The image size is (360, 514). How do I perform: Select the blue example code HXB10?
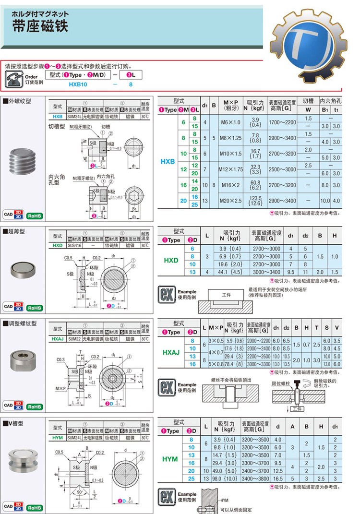pos(78,84)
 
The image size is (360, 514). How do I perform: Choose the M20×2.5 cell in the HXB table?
pos(230,200)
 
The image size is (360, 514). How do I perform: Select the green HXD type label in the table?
pos(171,260)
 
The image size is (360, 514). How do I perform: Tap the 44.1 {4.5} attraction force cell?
pos(230,272)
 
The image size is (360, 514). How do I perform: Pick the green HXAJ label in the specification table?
pos(171,352)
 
